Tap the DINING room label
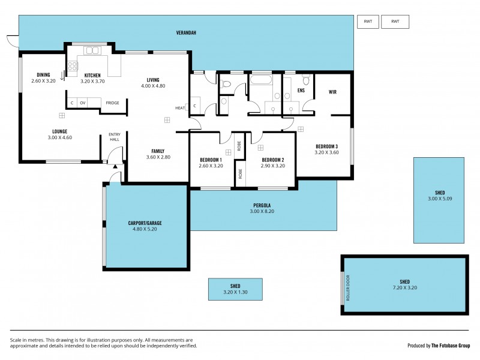tap(43, 75)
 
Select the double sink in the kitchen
tap(93, 50)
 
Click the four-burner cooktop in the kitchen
tap(73, 67)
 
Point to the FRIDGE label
tap(112, 103)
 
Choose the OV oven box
tap(83, 103)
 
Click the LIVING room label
tap(152, 80)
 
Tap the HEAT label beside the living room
tap(180, 108)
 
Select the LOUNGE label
tap(59, 131)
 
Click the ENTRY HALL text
tap(114, 137)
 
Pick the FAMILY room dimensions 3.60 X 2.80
tap(158, 157)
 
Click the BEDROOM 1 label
tap(211, 160)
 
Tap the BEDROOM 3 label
tap(326, 146)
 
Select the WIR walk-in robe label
tap(332, 92)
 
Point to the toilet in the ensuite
tap(306, 81)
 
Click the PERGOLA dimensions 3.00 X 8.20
tap(263, 212)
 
